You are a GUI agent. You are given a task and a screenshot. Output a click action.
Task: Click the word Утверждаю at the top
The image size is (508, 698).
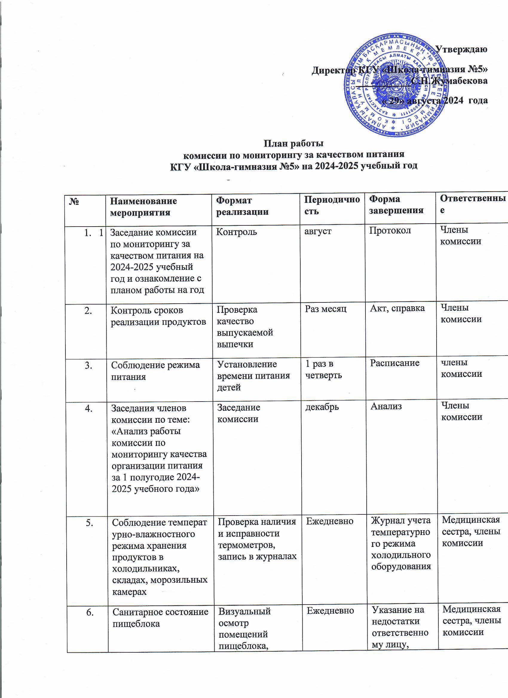[462, 49]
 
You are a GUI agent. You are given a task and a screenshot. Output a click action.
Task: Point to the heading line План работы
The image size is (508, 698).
[294, 143]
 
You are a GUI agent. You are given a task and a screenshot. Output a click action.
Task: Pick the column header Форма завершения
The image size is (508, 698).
[396, 205]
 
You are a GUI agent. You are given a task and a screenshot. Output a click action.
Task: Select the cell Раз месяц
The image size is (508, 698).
[326, 309]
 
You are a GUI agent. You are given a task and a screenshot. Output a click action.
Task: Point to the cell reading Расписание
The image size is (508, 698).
[395, 363]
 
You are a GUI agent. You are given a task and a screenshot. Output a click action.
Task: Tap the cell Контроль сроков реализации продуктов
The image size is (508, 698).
[158, 316]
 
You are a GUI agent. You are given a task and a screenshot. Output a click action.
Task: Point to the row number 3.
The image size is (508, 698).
[88, 365]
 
